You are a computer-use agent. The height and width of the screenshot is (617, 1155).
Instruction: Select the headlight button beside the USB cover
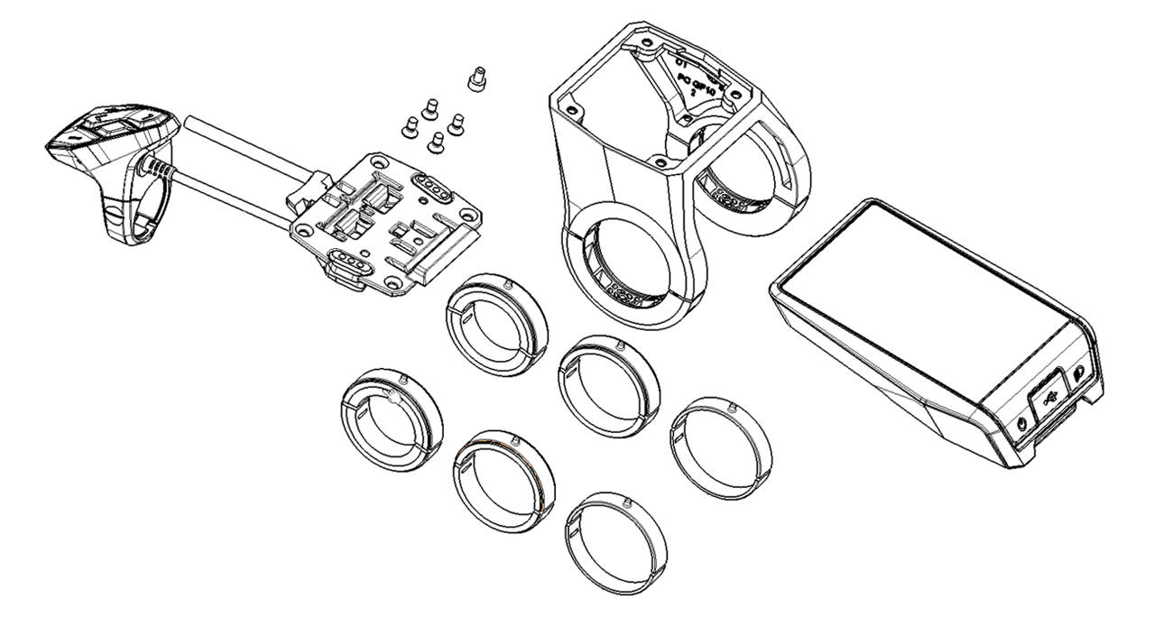(x=1079, y=373)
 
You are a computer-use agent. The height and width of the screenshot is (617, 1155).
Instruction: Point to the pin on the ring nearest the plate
(x=511, y=283)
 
